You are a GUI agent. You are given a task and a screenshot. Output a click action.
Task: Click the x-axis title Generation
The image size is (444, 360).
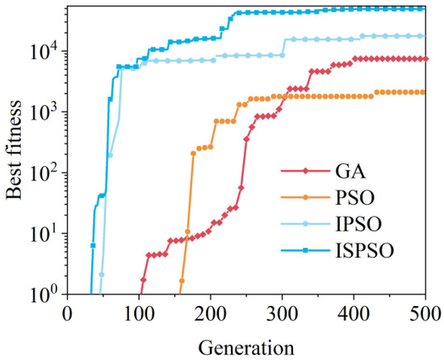(247, 347)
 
